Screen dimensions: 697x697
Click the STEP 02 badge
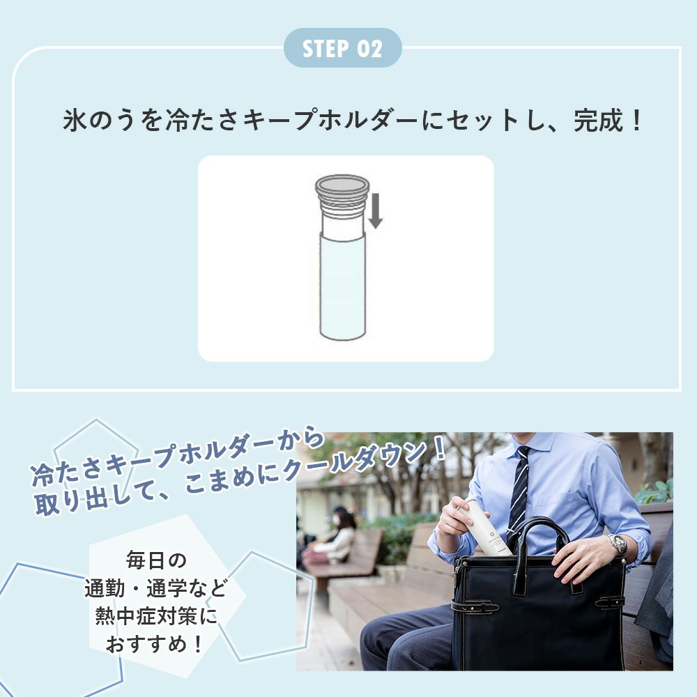(343, 48)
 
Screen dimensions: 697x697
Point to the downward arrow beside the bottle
(376, 210)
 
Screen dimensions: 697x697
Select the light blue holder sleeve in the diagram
(342, 286)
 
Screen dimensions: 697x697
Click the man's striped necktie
(519, 487)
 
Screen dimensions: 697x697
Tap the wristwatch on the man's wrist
(618, 544)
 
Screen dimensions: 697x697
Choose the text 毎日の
(156, 560)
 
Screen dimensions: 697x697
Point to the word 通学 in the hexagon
(167, 588)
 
